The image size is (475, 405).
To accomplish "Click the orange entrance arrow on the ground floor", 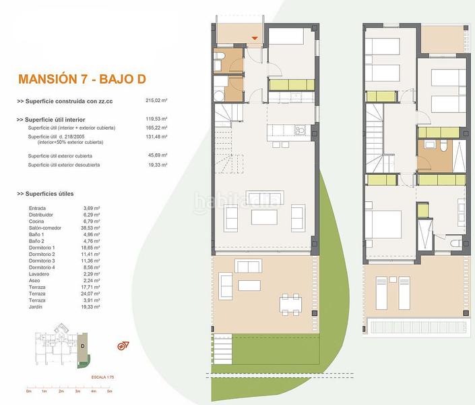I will click(254, 38).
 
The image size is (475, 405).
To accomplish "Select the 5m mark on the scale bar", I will click(109, 391).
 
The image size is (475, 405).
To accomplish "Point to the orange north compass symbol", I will click(123, 346).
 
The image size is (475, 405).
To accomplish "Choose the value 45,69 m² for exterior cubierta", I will click(156, 156).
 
